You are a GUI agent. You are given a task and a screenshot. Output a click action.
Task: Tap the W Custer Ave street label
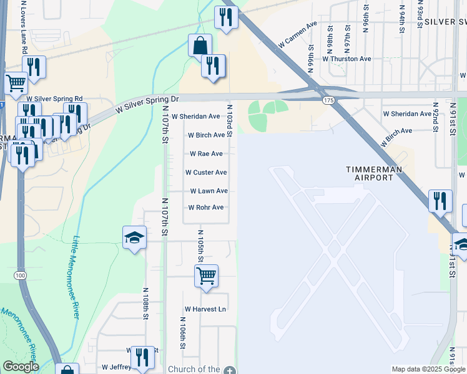pyautogui.click(x=206, y=173)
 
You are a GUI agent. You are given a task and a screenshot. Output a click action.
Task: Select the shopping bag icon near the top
pyautogui.click(x=200, y=46)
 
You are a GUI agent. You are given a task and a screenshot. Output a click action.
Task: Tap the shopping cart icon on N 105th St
pyautogui.click(x=206, y=276)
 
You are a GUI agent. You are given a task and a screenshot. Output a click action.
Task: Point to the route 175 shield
pyautogui.click(x=327, y=101)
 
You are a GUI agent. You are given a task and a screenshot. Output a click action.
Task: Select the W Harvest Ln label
pyautogui.click(x=205, y=309)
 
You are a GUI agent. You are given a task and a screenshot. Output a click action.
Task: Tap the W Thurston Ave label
pyautogui.click(x=347, y=59)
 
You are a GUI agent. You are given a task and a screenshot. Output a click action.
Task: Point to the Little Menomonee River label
pyautogui.click(x=76, y=277)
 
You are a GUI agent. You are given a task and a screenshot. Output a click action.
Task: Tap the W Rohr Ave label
pyautogui.click(x=206, y=208)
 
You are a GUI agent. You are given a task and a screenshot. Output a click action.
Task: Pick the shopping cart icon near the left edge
pyautogui.click(x=15, y=82)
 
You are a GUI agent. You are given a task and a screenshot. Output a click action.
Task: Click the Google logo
pyautogui.click(x=20, y=367)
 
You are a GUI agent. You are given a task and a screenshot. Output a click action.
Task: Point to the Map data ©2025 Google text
pyautogui.click(x=428, y=369)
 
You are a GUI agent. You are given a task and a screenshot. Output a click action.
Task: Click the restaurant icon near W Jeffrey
pyautogui.click(x=143, y=358)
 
